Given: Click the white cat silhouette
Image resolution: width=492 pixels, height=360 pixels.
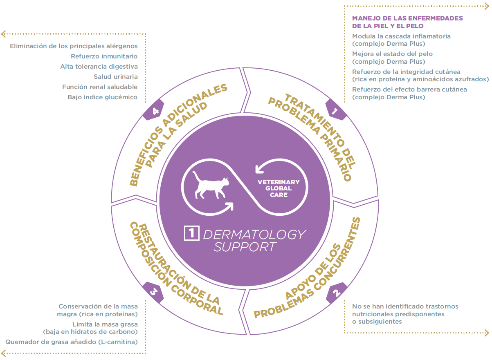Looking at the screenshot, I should pyautogui.click(x=211, y=186).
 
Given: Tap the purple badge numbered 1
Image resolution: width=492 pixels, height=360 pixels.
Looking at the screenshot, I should pyautogui.click(x=335, y=111).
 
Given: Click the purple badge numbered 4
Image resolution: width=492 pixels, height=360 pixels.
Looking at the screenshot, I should pyautogui.click(x=154, y=111).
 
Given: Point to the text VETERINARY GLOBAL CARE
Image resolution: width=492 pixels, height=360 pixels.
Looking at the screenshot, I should pyautogui.click(x=279, y=188).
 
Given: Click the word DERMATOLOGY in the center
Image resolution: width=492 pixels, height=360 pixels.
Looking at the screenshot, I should pyautogui.click(x=254, y=235).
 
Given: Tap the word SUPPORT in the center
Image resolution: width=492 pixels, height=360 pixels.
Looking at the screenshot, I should pyautogui.click(x=245, y=247).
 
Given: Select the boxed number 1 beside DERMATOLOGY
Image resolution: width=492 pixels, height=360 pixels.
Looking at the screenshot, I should pyautogui.click(x=192, y=234).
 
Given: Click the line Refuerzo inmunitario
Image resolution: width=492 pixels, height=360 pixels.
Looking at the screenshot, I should pyautogui.click(x=104, y=56).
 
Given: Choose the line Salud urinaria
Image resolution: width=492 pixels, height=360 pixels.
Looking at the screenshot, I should pyautogui.click(x=115, y=77).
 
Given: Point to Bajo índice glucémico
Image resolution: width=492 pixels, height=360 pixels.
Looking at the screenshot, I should pyautogui.click(x=102, y=97).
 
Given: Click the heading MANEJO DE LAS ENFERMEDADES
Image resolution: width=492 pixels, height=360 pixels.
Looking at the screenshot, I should pyautogui.click(x=407, y=18).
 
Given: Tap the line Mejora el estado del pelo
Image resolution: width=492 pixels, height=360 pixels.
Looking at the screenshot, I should pyautogui.click(x=392, y=54).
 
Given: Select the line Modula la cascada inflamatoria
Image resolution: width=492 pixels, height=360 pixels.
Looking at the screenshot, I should pyautogui.click(x=401, y=36).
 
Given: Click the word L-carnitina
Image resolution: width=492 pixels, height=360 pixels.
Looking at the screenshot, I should pyautogui.click(x=121, y=342).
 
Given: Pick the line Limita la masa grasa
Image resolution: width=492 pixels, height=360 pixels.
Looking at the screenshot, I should pyautogui.click(x=105, y=324).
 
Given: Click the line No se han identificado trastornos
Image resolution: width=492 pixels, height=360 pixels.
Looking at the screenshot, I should pyautogui.click(x=405, y=306).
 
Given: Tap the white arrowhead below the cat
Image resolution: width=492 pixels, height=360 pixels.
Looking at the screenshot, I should pyautogui.click(x=230, y=206).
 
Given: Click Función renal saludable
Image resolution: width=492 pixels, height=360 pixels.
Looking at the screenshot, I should pyautogui.click(x=100, y=87).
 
